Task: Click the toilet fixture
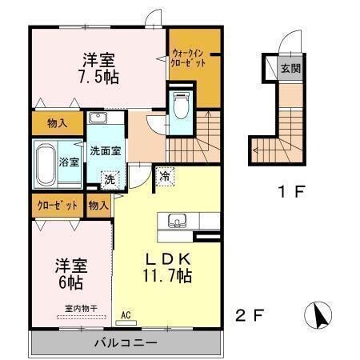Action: (x=182, y=105)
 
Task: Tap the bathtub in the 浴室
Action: (x=46, y=165)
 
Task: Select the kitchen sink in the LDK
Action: (x=175, y=221)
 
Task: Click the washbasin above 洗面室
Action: (x=98, y=118)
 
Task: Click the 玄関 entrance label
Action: (x=290, y=69)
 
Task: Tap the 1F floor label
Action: (x=291, y=191)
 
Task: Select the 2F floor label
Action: (x=250, y=315)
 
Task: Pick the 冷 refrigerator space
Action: (x=165, y=176)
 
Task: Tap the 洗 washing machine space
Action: (x=110, y=180)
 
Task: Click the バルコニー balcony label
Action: (x=126, y=342)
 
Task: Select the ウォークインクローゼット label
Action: (x=188, y=58)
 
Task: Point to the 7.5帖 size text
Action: (x=98, y=78)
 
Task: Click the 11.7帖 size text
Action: (x=167, y=275)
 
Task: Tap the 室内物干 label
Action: (x=81, y=309)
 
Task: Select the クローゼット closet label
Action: (x=58, y=206)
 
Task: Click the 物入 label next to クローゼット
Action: (x=98, y=206)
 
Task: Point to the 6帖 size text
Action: (x=70, y=282)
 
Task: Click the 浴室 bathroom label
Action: (x=69, y=162)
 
